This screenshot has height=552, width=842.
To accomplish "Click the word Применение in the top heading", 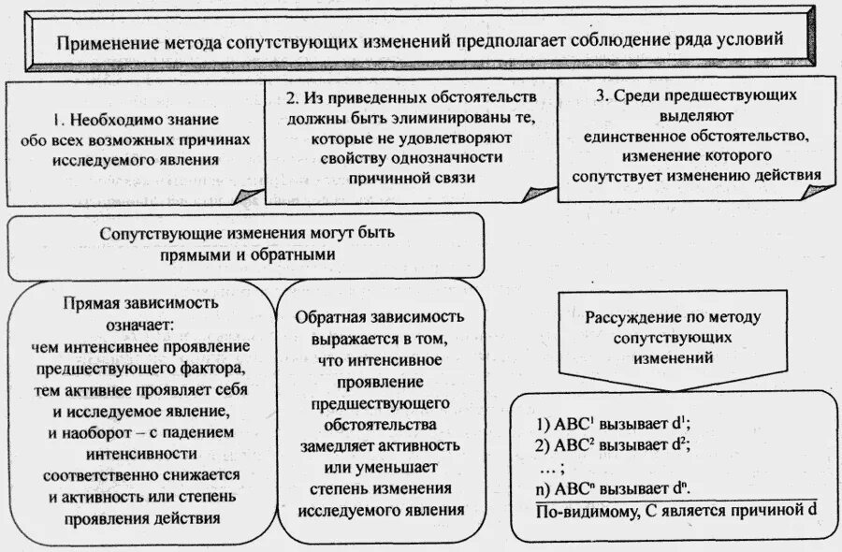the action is tap(102, 44).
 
